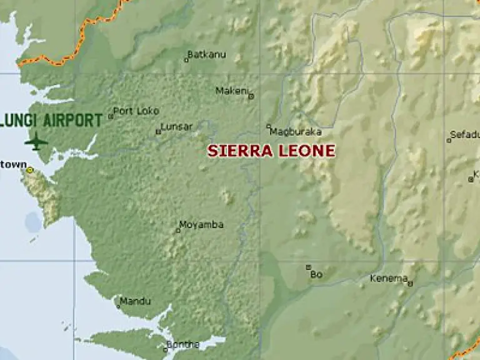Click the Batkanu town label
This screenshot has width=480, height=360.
[x=207, y=54]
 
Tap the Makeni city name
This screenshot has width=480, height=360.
[x=231, y=91]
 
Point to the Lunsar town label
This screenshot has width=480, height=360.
[x=176, y=126]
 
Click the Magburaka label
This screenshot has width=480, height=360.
[x=296, y=132]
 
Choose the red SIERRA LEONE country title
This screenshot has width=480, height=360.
[x=271, y=151]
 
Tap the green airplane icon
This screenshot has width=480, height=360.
[x=36, y=141]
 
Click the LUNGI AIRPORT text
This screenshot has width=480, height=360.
[x=52, y=120]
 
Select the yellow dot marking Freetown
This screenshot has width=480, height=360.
[x=29, y=169]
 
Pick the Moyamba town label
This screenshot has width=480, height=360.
[x=201, y=225]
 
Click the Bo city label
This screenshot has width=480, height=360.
[x=316, y=274]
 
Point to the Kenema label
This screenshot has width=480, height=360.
[x=389, y=278]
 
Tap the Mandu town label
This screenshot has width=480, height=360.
[x=135, y=301]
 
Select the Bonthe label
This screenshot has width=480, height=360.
[x=182, y=344]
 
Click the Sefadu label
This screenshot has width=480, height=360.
[x=466, y=134]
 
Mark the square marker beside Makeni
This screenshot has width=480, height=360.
[x=251, y=96]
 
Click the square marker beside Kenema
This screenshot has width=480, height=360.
[x=410, y=284]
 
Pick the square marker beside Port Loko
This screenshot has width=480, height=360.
[x=111, y=116]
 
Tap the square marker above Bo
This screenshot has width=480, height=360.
[x=308, y=267]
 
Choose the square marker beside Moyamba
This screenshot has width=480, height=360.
[x=177, y=231]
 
